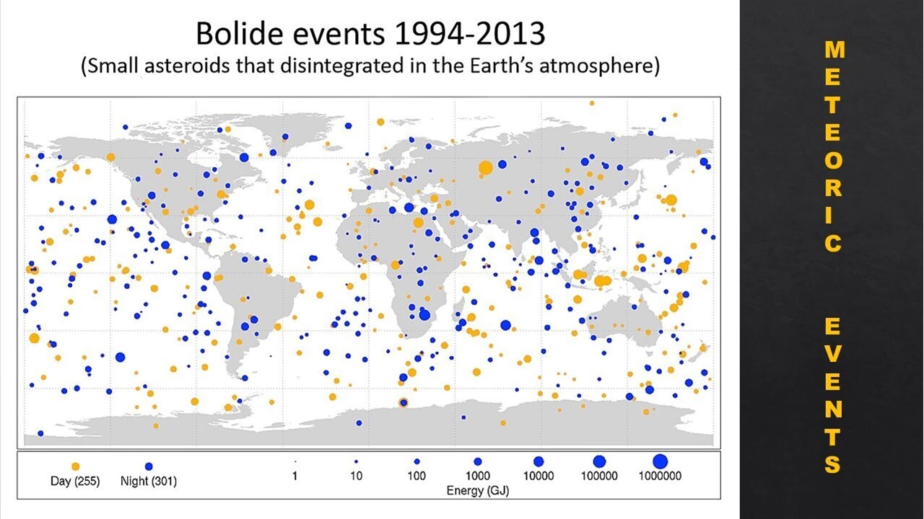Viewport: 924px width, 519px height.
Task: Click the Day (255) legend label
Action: click(75, 481)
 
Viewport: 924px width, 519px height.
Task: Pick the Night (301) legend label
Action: click(148, 481)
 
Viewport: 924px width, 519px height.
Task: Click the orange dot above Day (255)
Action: click(75, 466)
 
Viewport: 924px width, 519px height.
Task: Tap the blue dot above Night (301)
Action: click(149, 466)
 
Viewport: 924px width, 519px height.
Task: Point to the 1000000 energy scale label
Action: click(660, 476)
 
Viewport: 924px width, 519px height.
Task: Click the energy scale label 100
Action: click(417, 476)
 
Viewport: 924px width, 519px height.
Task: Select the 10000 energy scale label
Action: click(539, 476)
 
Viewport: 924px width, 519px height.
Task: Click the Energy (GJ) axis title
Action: click(477, 490)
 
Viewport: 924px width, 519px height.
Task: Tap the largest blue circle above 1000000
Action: click(660, 461)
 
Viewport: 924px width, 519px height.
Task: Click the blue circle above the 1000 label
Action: click(477, 461)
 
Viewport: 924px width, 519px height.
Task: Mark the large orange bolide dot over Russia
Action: click(485, 168)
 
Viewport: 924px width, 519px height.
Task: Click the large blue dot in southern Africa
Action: click(424, 314)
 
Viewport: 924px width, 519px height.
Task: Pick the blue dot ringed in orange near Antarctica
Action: click(404, 402)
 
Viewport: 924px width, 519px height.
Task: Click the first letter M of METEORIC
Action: click(834, 50)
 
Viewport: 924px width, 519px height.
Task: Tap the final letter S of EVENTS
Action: click(833, 464)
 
